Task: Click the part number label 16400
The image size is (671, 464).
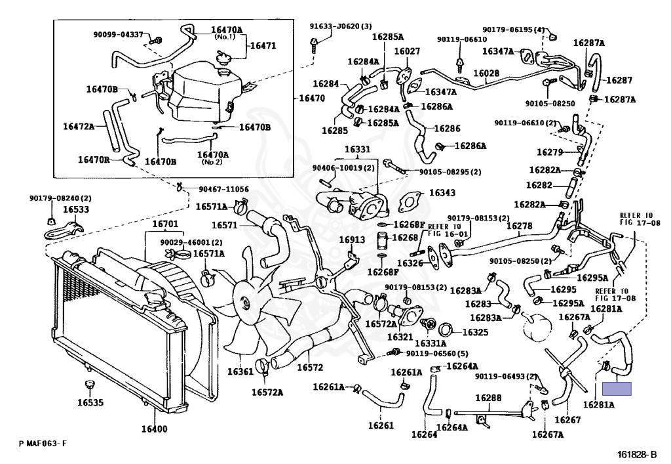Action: pyautogui.click(x=154, y=429)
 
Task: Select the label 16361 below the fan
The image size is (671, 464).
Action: pyautogui.click(x=240, y=371)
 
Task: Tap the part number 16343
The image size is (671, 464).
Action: pyautogui.click(x=442, y=193)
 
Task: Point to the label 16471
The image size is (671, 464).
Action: pyautogui.click(x=263, y=45)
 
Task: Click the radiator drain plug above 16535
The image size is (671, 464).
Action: pyautogui.click(x=89, y=384)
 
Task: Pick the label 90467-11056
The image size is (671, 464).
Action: pyautogui.click(x=223, y=189)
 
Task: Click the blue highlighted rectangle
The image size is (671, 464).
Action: pyautogui.click(x=617, y=389)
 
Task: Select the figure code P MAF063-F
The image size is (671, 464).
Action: pyautogui.click(x=43, y=444)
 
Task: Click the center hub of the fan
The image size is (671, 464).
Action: pyautogui.click(x=245, y=303)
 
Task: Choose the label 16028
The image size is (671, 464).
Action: pyautogui.click(x=486, y=74)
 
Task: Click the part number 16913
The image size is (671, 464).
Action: pyautogui.click(x=352, y=240)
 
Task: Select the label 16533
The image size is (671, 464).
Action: pyautogui.click(x=76, y=209)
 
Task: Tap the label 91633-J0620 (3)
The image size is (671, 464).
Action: pyautogui.click(x=341, y=26)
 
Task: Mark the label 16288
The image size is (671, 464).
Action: pyautogui.click(x=488, y=398)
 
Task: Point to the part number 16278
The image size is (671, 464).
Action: pyautogui.click(x=519, y=226)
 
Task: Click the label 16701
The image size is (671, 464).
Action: pyautogui.click(x=165, y=224)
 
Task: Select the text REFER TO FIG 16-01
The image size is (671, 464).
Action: pyautogui.click(x=445, y=230)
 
